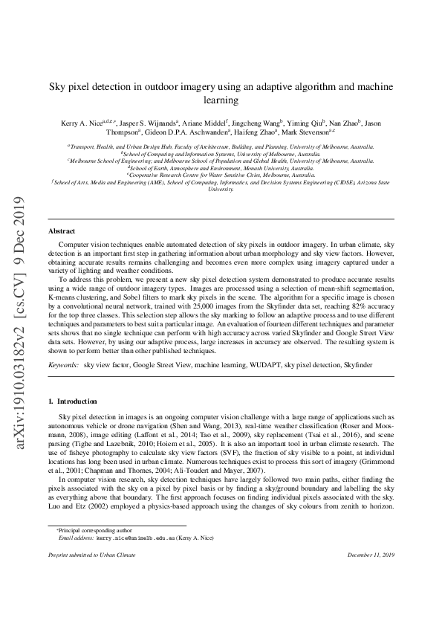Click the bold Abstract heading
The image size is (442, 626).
(62, 232)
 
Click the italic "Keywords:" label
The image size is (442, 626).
(63, 367)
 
